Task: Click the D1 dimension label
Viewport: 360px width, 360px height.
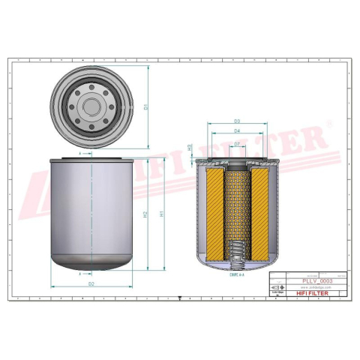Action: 147,106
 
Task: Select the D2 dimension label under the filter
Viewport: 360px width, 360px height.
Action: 91,284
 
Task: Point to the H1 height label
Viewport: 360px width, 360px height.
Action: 163,214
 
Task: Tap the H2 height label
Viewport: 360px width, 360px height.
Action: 145,214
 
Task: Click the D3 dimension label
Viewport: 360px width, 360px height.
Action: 237,121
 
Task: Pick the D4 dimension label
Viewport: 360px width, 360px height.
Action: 237,132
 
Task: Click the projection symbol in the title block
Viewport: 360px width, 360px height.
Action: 277,287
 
